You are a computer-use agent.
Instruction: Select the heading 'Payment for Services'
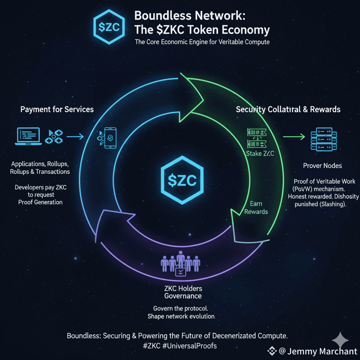[57, 109]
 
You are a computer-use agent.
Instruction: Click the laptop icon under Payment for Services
[30, 136]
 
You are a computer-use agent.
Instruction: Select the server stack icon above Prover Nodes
[322, 142]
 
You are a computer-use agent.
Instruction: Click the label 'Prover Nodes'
[322, 165]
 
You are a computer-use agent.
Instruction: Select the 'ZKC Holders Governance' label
[183, 292]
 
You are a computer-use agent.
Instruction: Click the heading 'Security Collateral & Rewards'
[288, 109]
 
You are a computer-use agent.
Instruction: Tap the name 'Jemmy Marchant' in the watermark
[322, 351]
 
